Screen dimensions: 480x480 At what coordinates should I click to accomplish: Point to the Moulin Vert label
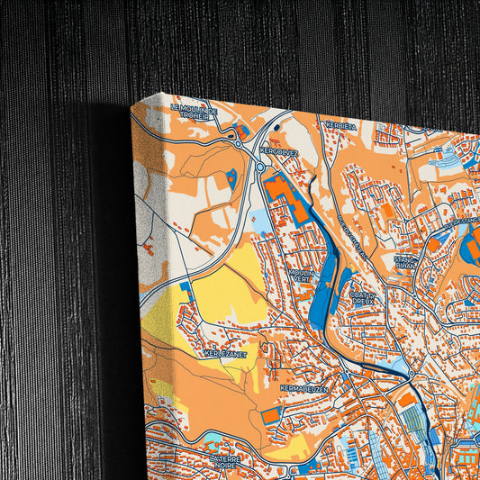tap(301, 275)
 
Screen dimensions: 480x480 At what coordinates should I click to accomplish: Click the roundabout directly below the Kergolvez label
tap(260, 167)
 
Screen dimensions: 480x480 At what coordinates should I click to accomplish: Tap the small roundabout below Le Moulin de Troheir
tap(237, 143)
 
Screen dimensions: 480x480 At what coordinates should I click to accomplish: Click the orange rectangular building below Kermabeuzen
tap(271, 415)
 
